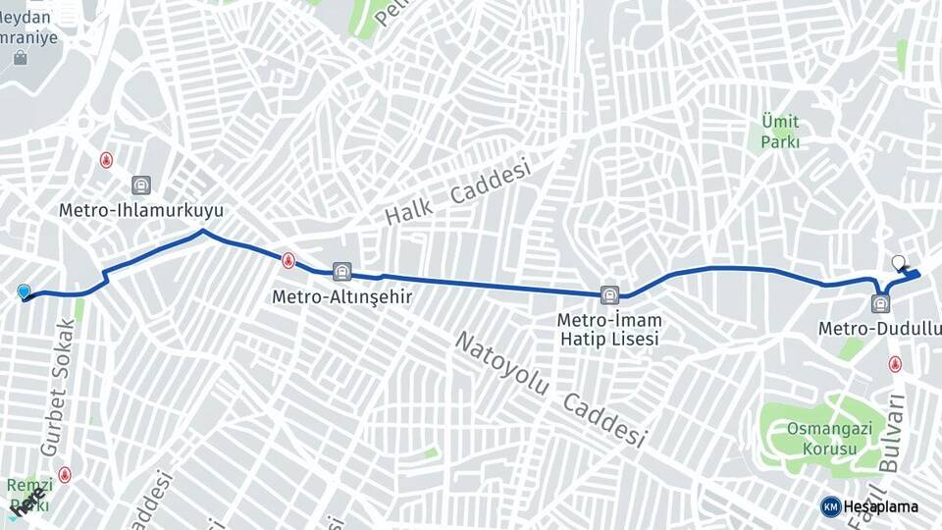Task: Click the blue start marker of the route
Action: pyautogui.click(x=24, y=291)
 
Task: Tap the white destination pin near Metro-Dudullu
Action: pyautogui.click(x=898, y=263)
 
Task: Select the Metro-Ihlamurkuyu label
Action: pyautogui.click(x=141, y=210)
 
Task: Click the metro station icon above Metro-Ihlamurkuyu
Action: pyautogui.click(x=141, y=185)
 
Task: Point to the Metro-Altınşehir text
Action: pyautogui.click(x=340, y=295)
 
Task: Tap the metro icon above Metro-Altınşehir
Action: pyautogui.click(x=341, y=271)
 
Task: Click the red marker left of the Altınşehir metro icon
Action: pyautogui.click(x=288, y=261)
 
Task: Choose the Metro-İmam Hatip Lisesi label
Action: pyautogui.click(x=609, y=329)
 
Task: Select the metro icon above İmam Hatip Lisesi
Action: pyautogui.click(x=609, y=293)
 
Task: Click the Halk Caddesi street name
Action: pyautogui.click(x=457, y=191)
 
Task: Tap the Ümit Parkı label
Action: pyautogui.click(x=780, y=132)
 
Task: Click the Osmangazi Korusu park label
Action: pyautogui.click(x=822, y=439)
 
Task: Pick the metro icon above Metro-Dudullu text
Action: pyautogui.click(x=879, y=303)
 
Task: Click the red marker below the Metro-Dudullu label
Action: pyautogui.click(x=895, y=364)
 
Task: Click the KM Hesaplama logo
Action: pyautogui.click(x=869, y=506)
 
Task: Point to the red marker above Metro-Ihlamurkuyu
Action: pyautogui.click(x=106, y=160)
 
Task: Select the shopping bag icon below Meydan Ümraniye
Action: pyautogui.click(x=21, y=59)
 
